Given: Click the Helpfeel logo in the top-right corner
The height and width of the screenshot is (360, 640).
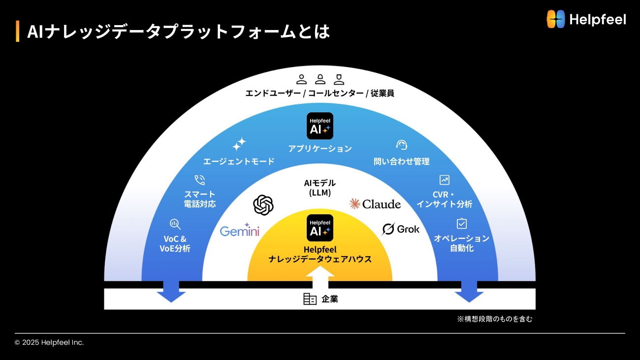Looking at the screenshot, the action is (x=586, y=19).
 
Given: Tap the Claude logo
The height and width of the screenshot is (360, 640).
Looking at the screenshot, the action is (x=375, y=204).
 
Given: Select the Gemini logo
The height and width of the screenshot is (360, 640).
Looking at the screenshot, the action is (x=239, y=230).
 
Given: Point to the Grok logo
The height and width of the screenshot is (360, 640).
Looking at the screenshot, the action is (x=400, y=229).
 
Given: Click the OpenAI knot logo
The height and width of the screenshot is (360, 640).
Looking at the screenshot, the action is (x=263, y=205).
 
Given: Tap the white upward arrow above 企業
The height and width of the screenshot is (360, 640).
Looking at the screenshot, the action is (x=320, y=277).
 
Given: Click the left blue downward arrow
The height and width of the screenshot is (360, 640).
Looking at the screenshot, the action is (x=171, y=292).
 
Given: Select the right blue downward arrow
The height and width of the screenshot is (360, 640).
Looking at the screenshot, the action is (x=469, y=292).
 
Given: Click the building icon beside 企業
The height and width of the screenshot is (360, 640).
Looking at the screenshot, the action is (x=310, y=299).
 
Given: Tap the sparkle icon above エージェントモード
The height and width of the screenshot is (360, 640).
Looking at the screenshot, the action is (x=239, y=144).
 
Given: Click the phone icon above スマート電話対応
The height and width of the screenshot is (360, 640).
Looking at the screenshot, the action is (x=200, y=180).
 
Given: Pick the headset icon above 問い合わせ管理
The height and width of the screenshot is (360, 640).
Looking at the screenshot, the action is (x=401, y=145).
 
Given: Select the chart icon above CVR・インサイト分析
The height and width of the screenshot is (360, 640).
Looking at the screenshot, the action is (x=444, y=180).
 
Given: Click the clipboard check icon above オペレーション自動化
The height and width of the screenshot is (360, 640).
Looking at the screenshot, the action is (x=462, y=224).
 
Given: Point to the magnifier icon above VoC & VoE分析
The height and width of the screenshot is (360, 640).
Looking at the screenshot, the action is (x=175, y=224).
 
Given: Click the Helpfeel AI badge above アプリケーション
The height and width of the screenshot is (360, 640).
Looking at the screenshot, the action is (x=320, y=126).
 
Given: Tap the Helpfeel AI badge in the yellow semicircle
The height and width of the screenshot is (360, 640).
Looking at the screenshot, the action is (x=320, y=228).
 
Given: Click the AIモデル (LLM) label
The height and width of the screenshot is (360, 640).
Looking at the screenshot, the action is (x=320, y=188).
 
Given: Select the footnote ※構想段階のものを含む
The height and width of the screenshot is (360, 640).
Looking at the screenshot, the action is (x=495, y=319).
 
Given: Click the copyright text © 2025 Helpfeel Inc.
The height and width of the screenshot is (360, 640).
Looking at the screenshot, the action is (x=49, y=342).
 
